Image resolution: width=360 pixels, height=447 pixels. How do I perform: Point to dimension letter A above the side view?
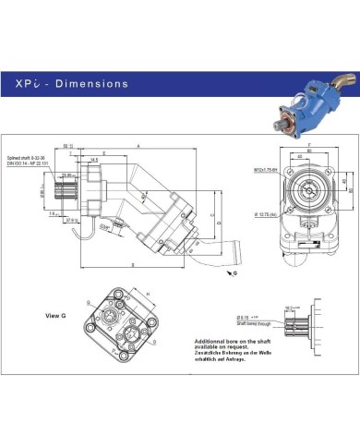pyautogui.click(x=138, y=146)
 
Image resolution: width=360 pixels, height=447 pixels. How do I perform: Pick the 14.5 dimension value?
pyautogui.click(x=95, y=159)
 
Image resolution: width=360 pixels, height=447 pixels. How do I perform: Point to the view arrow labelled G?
pyautogui.click(x=234, y=274)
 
